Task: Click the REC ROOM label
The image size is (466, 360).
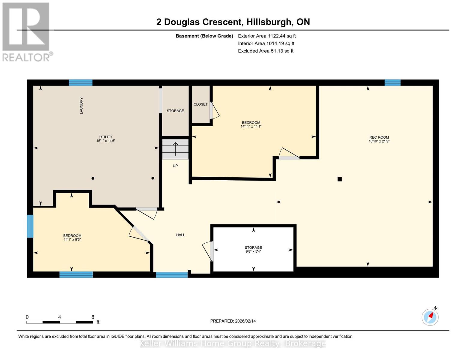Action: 379,137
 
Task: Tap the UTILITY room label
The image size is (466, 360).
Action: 106,137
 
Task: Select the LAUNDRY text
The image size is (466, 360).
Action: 81,106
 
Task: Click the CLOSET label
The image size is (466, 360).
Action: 200,104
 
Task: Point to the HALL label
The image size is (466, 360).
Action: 180,235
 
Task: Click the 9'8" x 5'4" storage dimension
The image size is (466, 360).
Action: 253,251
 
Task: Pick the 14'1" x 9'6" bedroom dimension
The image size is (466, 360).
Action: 72,239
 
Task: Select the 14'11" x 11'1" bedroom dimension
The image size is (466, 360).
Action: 251,127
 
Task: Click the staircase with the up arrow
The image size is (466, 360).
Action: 175,149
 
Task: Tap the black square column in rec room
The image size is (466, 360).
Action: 339,179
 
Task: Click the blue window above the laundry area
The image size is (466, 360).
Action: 80,82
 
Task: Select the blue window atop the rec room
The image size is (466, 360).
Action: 392,82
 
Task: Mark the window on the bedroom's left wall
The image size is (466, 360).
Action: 30,226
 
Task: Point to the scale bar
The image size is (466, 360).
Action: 59,322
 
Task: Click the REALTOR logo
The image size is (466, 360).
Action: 26,32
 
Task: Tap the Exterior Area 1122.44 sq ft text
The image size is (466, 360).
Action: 267,36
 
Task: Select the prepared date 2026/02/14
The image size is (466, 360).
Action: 233,321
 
